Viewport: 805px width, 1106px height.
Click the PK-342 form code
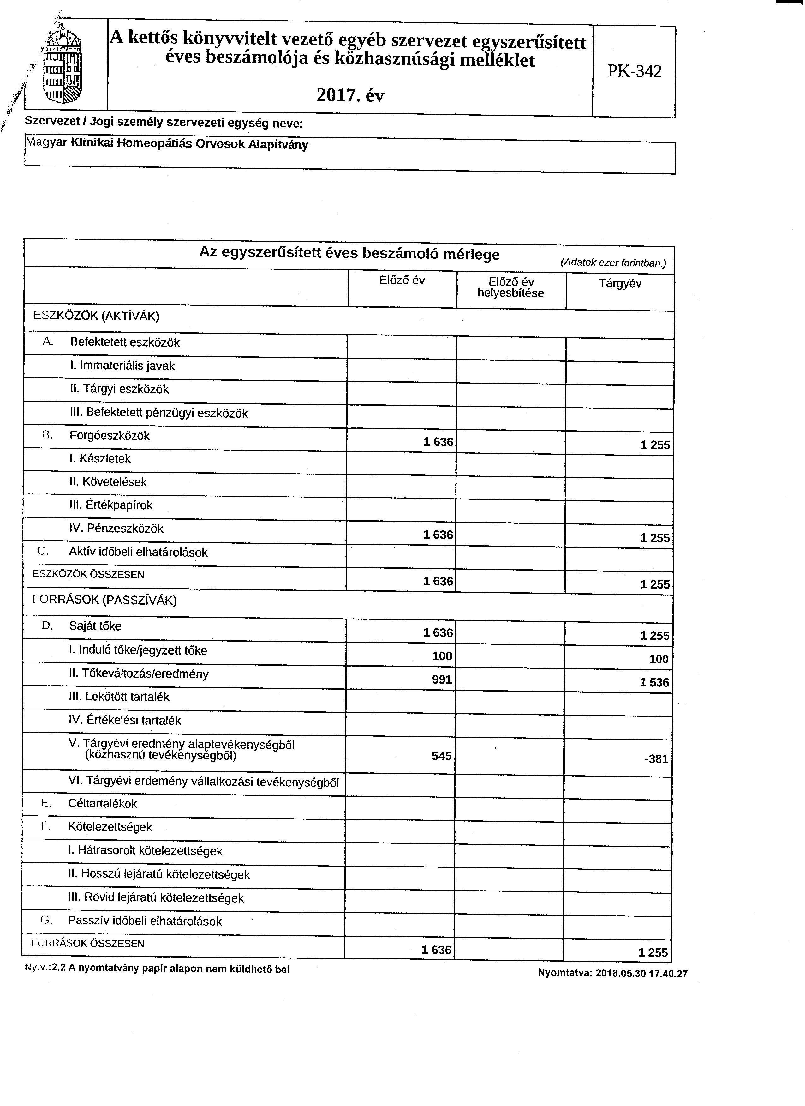[x=635, y=72]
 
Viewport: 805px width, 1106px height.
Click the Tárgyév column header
[x=620, y=284]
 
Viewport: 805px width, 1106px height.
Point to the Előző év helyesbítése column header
[x=511, y=288]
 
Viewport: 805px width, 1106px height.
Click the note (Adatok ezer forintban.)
[x=613, y=263]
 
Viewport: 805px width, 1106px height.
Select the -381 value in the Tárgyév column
[x=656, y=759]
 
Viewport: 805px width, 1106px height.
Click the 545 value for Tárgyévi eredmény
[x=441, y=756]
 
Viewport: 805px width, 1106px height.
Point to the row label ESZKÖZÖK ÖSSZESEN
[x=88, y=574]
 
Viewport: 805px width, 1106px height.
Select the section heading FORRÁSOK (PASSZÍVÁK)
[x=104, y=600]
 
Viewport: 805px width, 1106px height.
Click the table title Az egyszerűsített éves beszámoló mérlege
[x=349, y=254]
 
